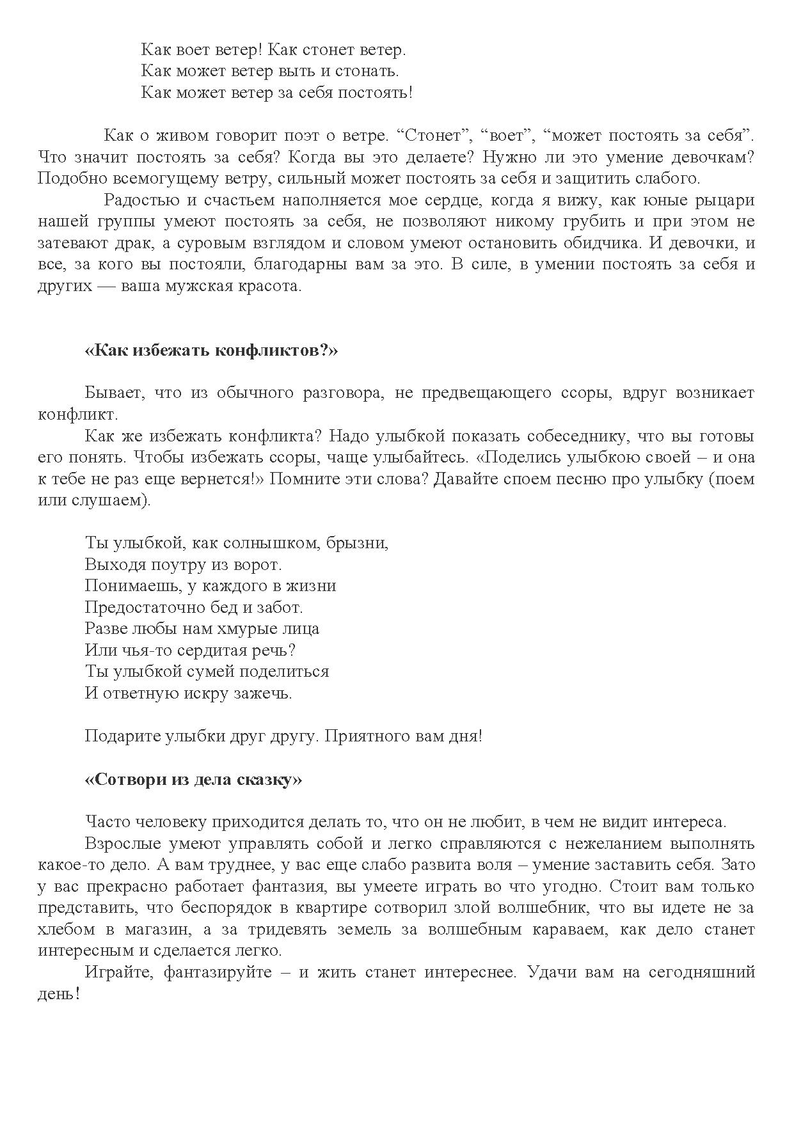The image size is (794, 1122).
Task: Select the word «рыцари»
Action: pos(724,200)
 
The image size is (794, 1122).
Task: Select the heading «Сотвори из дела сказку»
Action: pos(193,780)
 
